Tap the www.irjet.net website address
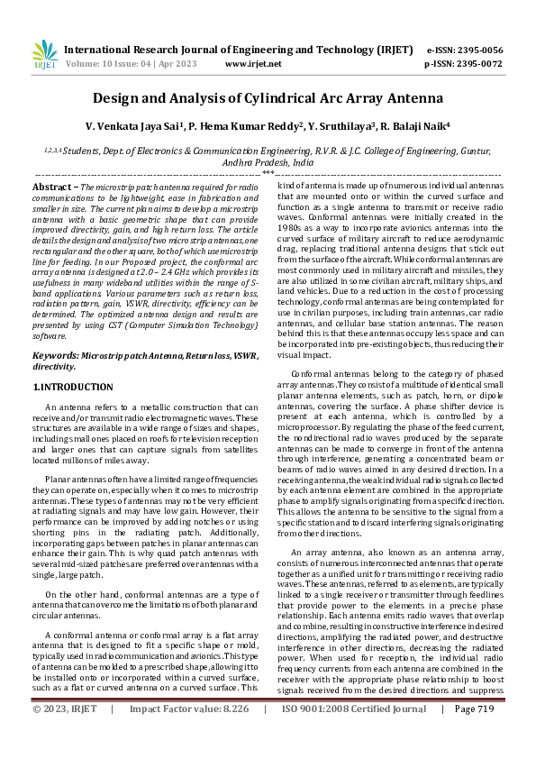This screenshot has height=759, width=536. (250, 65)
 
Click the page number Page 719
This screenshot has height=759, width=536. (475, 735)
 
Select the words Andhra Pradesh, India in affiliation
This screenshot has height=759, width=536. (268, 163)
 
